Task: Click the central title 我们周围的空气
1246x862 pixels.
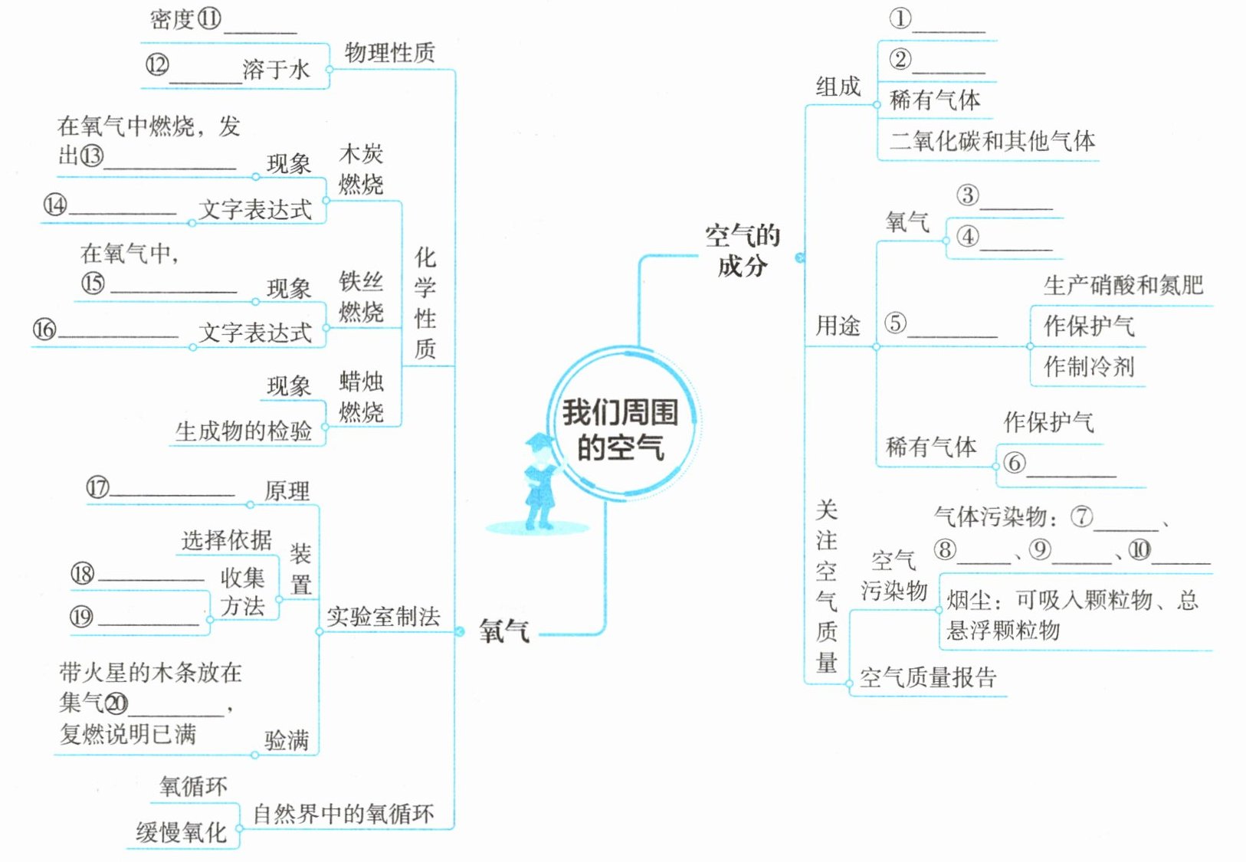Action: (x=620, y=430)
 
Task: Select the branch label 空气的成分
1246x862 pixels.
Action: (x=742, y=250)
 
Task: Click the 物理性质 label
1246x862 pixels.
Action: (x=389, y=53)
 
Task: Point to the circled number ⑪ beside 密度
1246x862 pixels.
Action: (x=208, y=18)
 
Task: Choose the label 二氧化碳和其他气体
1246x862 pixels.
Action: (x=992, y=141)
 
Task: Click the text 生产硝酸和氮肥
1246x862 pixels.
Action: (x=1123, y=286)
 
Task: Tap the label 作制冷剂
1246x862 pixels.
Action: (x=1088, y=366)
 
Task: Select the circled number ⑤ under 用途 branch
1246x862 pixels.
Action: (x=895, y=323)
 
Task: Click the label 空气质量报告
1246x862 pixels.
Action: (x=927, y=677)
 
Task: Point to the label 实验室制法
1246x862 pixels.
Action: (x=383, y=617)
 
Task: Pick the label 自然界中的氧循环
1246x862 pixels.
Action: (x=343, y=814)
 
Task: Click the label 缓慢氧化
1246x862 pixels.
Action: (x=181, y=832)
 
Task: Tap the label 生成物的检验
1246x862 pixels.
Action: (x=243, y=431)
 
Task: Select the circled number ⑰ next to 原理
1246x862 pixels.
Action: (x=97, y=487)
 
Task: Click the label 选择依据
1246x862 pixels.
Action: (x=226, y=540)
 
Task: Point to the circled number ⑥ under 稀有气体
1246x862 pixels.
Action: (x=1014, y=463)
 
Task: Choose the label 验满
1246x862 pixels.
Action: (x=286, y=740)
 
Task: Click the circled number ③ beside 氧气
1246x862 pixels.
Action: (x=968, y=195)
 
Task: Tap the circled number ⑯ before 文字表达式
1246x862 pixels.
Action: (x=44, y=329)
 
